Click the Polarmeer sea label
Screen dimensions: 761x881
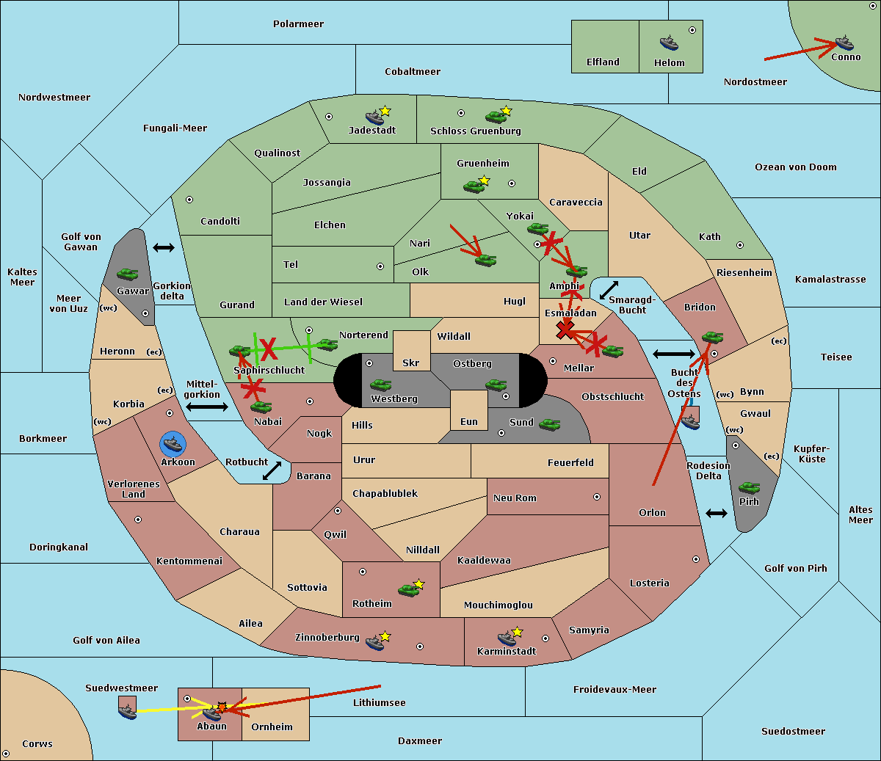(x=298, y=24)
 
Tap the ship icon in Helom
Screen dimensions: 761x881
(x=668, y=42)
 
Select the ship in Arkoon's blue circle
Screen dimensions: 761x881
(x=173, y=443)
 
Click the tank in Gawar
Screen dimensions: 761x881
(x=128, y=274)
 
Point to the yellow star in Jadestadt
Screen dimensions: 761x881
(x=385, y=111)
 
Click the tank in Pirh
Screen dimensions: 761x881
(x=749, y=487)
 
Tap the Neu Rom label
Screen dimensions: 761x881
(x=515, y=498)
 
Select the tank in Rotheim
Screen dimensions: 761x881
(x=408, y=589)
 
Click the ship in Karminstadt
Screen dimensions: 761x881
(x=507, y=638)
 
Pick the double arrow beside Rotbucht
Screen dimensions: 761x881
(x=272, y=470)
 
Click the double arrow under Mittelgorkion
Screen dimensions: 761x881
(x=207, y=407)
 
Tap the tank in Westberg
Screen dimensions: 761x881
(x=380, y=385)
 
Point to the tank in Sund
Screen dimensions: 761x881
(x=549, y=423)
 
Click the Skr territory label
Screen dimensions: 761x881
(x=410, y=363)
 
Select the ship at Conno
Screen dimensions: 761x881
(x=844, y=42)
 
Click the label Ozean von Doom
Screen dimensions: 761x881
(x=795, y=167)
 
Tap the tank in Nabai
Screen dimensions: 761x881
(x=261, y=407)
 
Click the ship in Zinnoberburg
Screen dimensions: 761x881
(x=374, y=643)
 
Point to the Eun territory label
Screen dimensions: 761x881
(x=468, y=421)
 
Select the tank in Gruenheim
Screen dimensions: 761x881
(x=473, y=186)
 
